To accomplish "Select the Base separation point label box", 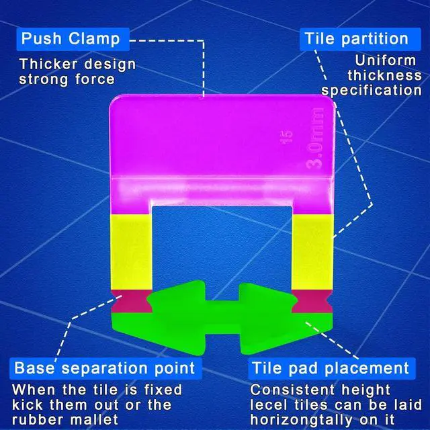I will point(104,368).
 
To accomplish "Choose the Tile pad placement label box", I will point(330,368).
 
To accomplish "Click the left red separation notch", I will point(132,300).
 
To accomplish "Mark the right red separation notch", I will point(312,300).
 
